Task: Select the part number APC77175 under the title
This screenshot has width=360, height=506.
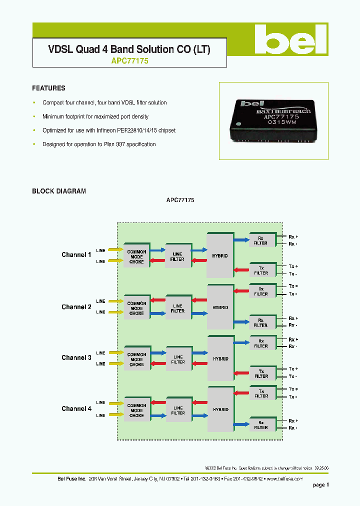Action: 129,61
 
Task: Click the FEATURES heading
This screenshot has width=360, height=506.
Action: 48,88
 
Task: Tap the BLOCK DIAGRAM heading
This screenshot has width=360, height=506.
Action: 59,191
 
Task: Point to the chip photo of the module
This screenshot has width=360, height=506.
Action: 274,120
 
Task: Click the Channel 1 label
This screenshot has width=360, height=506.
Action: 76,255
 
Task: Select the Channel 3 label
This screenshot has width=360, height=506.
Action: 76,358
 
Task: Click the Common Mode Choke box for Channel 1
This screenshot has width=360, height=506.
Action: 136,256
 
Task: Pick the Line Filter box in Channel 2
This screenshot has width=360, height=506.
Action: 177,308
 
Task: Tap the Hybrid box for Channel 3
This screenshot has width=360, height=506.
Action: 220,358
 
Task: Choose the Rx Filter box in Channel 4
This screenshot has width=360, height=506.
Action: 260,424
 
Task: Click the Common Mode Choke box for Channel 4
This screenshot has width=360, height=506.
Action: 136,410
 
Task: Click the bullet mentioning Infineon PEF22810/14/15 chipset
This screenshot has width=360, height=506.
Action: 108,130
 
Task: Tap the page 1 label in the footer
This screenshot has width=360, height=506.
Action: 320,485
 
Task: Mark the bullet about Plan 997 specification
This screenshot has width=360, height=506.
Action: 98,144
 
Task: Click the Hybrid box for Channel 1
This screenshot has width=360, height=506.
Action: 220,255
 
